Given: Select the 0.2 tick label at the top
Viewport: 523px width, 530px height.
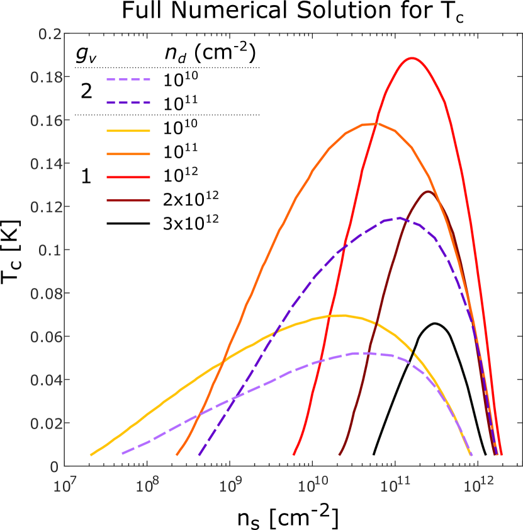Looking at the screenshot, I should pyautogui.click(x=50, y=34).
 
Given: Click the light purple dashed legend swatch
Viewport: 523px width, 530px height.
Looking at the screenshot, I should pyautogui.click(x=128, y=80).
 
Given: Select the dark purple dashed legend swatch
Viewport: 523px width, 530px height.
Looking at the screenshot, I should pyautogui.click(x=128, y=102).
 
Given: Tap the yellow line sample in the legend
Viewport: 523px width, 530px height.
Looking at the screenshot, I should pyautogui.click(x=128, y=131).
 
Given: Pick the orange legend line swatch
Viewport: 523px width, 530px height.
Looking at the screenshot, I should pyautogui.click(x=128, y=154).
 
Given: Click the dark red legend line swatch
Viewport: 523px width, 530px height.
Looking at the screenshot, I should pyautogui.click(x=128, y=200).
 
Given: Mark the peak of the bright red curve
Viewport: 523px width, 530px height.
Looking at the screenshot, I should pyautogui.click(x=412, y=58).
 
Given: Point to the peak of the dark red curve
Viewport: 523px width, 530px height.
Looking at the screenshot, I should pyautogui.click(x=428, y=192).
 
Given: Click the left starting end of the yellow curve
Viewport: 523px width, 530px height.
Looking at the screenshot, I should pyautogui.click(x=91, y=454).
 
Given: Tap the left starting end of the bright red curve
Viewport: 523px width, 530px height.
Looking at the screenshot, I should pyautogui.click(x=294, y=454).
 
